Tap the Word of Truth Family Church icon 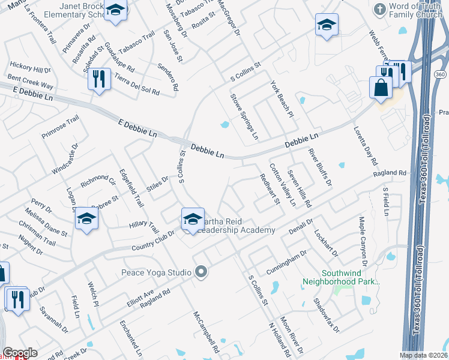379,9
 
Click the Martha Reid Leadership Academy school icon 192,220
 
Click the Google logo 20,353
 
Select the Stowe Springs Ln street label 245,116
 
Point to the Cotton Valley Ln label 282,185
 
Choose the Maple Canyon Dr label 363,242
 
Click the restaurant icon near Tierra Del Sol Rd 99,79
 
